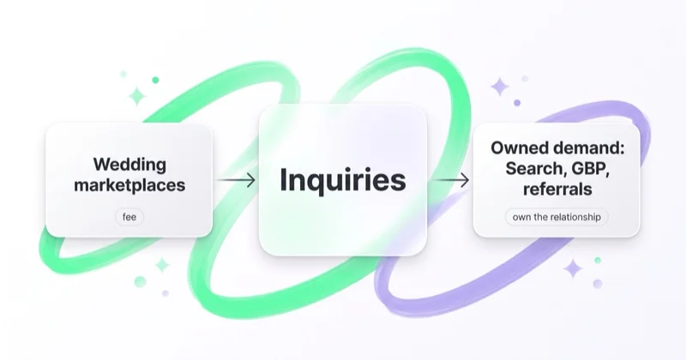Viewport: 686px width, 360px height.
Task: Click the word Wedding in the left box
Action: [129, 165]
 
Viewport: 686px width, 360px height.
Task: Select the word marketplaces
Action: [129, 185]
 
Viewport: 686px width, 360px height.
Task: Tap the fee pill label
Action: [129, 217]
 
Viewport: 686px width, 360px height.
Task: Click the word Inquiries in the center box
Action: [342, 180]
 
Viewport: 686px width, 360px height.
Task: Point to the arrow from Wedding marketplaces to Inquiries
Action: [237, 180]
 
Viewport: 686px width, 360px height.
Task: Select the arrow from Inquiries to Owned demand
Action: [450, 180]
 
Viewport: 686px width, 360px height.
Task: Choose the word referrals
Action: [557, 189]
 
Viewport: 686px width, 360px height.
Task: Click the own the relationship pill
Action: [557, 217]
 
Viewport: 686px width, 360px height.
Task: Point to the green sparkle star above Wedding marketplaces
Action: [136, 96]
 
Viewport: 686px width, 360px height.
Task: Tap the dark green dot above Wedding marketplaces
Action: [155, 80]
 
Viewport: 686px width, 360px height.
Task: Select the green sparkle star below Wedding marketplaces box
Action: [162, 265]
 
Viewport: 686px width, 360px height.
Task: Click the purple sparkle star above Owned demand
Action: [500, 87]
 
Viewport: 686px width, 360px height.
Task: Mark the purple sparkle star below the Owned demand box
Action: [573, 268]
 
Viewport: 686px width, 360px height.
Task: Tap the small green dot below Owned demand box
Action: [598, 261]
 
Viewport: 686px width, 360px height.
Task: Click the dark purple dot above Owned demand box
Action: [517, 103]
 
